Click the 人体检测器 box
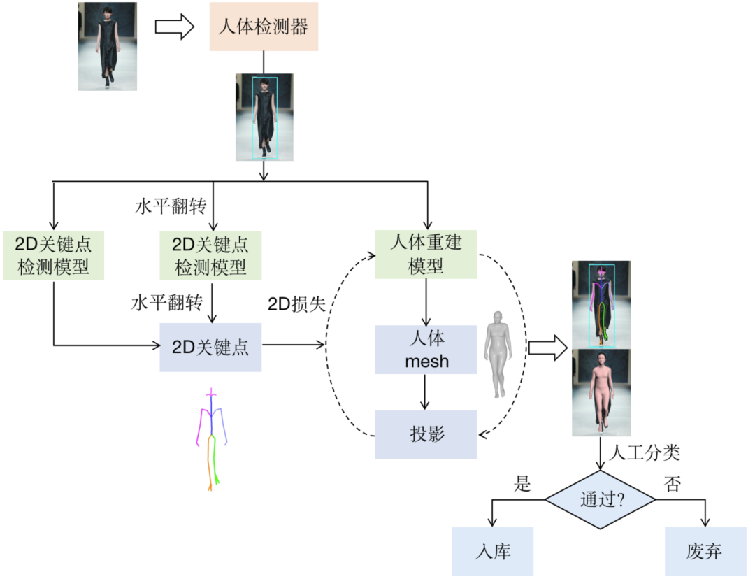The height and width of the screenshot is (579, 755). tap(264, 28)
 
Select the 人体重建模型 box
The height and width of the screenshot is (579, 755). tap(426, 254)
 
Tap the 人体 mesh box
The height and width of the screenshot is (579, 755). tap(426, 350)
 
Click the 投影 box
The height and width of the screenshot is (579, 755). tap(426, 434)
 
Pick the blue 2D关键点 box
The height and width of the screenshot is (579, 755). tap(210, 347)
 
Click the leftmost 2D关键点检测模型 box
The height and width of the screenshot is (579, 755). tap(54, 255)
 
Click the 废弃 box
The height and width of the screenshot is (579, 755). tap(704, 551)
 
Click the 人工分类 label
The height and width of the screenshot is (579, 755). tap(645, 452)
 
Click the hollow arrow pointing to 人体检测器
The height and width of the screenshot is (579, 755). tap(173, 27)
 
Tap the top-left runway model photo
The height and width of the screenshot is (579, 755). tap(107, 47)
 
